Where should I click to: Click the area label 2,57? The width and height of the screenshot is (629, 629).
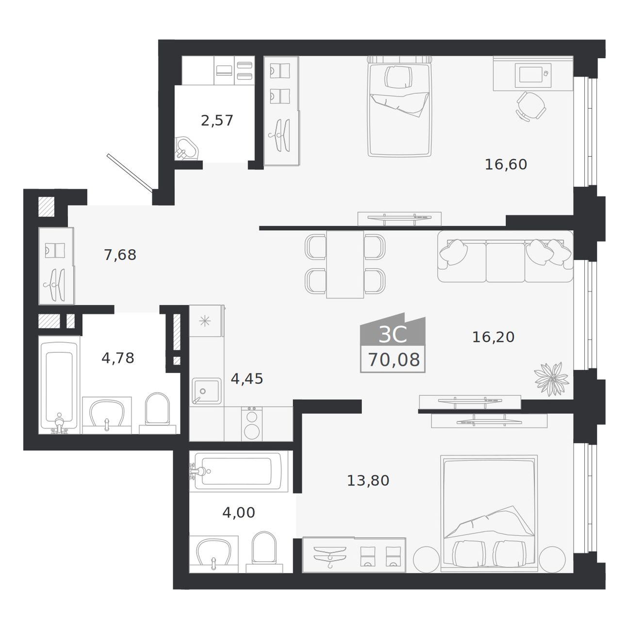(x=217, y=121)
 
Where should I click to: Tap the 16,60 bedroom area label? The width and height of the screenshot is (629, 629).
(x=506, y=164)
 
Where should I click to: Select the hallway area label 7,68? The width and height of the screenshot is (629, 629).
(x=120, y=255)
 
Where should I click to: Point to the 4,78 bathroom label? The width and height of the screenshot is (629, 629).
(x=118, y=358)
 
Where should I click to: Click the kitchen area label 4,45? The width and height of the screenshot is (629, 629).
(x=247, y=379)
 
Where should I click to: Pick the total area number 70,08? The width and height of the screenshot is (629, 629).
(x=394, y=360)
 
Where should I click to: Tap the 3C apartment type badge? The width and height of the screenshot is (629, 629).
(x=393, y=335)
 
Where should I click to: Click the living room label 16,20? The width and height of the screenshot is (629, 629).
(x=493, y=337)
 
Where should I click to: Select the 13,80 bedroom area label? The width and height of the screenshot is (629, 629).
(x=368, y=480)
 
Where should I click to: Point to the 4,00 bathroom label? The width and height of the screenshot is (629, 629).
(x=239, y=513)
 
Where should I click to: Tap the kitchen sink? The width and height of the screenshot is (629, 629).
(x=206, y=391)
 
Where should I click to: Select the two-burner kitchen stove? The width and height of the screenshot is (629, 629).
(x=252, y=424)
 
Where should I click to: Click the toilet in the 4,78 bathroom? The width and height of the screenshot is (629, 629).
(x=157, y=412)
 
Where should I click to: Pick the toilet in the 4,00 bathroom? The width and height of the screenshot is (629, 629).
(x=264, y=552)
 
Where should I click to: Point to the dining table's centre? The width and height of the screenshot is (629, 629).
(x=345, y=265)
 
